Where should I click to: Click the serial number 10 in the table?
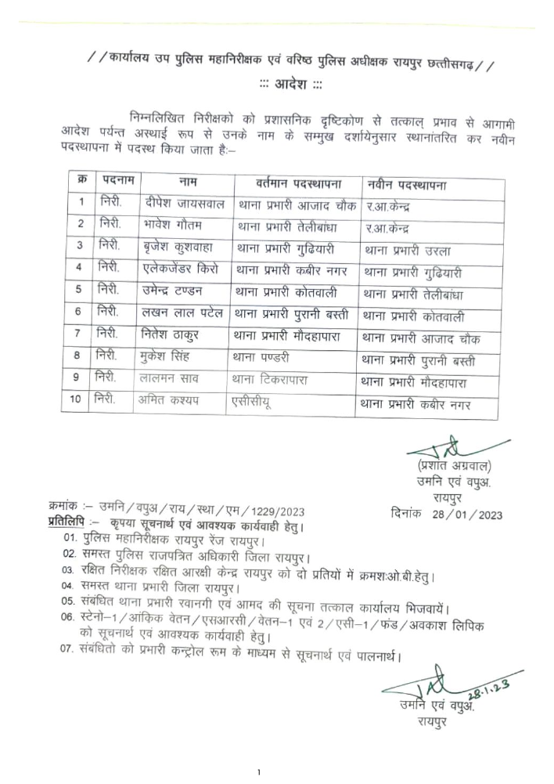(x=76, y=402)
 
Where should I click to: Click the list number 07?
(x=67, y=650)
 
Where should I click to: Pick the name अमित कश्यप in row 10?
(x=176, y=402)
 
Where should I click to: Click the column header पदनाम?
(x=118, y=182)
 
